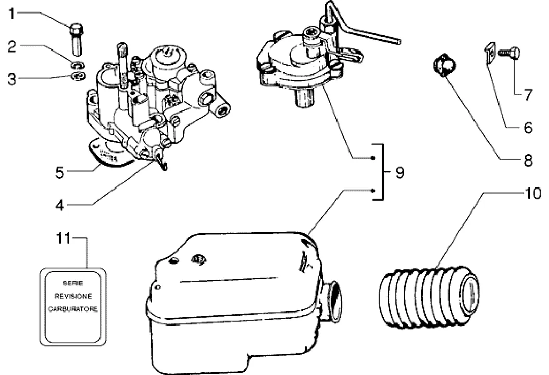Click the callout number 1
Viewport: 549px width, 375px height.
click(12, 14)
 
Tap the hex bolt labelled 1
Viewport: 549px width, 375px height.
click(77, 40)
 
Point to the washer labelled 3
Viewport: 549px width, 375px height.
click(79, 76)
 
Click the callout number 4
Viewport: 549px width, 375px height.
click(60, 206)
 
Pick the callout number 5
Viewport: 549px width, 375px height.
click(60, 172)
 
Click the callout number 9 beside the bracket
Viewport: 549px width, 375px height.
click(400, 172)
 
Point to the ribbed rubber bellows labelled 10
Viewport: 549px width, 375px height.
click(429, 297)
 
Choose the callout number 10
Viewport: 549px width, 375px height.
click(532, 193)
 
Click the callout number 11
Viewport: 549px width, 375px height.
click(64, 239)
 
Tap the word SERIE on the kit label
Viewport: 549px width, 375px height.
click(73, 283)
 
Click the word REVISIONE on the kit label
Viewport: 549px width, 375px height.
click(73, 296)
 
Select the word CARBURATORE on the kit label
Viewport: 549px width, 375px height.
click(73, 309)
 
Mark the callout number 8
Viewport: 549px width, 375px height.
click(528, 161)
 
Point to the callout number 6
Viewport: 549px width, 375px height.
click(528, 128)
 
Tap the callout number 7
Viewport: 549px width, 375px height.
click(528, 95)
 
